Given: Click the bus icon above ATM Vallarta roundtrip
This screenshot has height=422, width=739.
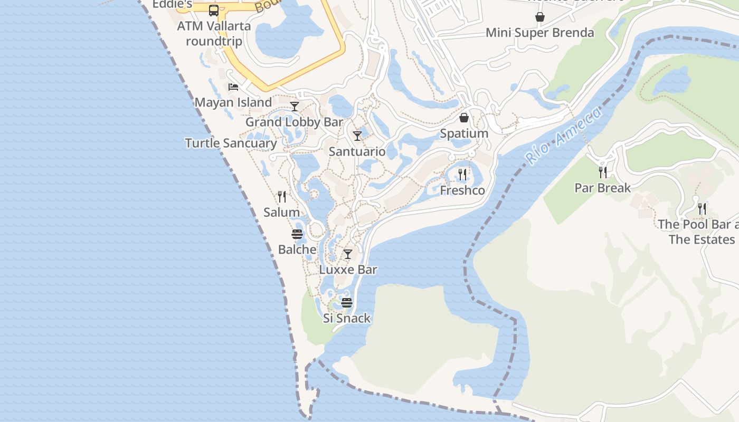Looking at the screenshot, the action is click(x=213, y=10).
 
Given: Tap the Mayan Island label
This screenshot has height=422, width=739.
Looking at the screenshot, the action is click(x=233, y=102).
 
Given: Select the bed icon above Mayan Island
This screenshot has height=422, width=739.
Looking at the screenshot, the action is click(x=233, y=87).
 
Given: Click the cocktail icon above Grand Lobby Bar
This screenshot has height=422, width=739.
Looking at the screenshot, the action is click(x=295, y=107).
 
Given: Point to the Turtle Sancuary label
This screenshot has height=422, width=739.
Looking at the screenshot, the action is click(x=231, y=143).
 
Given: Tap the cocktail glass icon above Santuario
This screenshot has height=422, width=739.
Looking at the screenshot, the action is click(x=357, y=136).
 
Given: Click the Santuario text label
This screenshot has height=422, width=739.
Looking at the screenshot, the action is click(x=357, y=151).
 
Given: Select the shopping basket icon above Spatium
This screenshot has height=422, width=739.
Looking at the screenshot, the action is click(x=464, y=117).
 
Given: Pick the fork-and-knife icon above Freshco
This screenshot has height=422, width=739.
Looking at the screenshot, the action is click(x=462, y=174).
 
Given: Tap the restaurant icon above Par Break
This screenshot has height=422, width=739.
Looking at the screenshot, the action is click(x=602, y=172).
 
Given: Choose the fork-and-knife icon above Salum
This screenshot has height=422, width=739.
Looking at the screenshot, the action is click(x=282, y=197).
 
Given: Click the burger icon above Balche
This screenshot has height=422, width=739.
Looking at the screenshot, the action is click(x=297, y=234).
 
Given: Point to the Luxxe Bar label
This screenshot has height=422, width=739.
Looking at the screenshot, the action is click(x=348, y=270).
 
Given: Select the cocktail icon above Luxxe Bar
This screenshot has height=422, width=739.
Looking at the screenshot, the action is click(x=348, y=254).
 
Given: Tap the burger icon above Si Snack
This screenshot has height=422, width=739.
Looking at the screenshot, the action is click(x=347, y=303).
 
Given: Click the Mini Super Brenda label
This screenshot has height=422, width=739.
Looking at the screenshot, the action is click(x=539, y=33).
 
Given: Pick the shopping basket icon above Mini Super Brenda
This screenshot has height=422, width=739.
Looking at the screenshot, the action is click(x=540, y=17).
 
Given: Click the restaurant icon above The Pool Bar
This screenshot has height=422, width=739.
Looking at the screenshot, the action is click(x=702, y=209).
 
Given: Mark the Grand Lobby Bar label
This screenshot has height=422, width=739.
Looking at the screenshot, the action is click(x=294, y=122).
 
